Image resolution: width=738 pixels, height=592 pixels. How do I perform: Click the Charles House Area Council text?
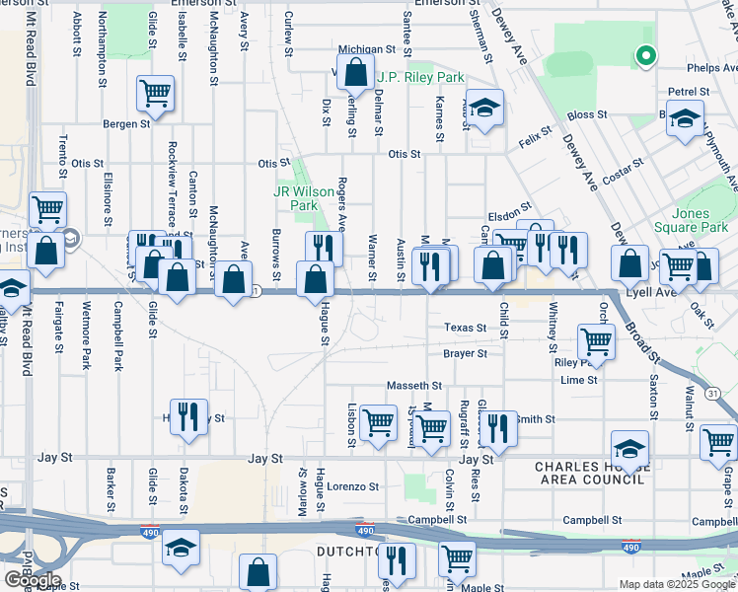pos(589,473)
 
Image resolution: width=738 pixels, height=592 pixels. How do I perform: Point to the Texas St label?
pos(466,328)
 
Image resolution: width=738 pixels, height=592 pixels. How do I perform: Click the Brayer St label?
pos(466,353)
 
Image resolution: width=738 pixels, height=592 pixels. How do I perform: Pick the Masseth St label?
pos(418,385)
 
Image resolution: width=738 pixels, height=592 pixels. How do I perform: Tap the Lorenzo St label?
pos(354,486)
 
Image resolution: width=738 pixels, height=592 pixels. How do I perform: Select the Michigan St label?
pos(366,48)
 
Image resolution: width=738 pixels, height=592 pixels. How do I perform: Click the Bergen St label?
pos(126,124)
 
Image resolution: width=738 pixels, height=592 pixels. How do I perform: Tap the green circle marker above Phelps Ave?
pos(645,56)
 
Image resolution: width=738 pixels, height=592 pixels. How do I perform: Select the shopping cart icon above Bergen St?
pos(155,94)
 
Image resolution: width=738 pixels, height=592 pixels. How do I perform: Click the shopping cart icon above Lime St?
pos(596,342)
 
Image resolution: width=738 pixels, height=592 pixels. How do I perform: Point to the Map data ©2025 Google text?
pos(677,584)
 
